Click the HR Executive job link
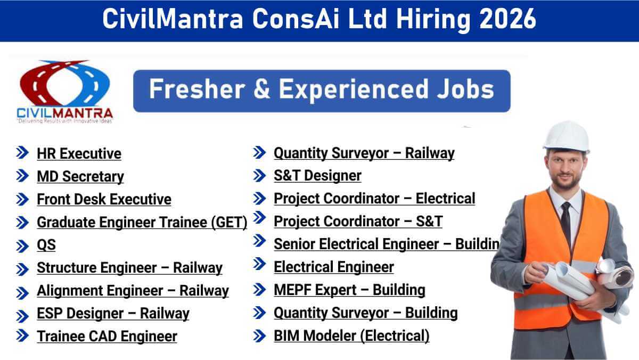(79, 153)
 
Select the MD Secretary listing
(80, 177)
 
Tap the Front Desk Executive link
(104, 199)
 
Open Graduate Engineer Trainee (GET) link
(142, 223)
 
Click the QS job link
(46, 245)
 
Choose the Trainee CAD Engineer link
(107, 337)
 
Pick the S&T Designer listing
(317, 175)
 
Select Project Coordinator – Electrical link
(374, 199)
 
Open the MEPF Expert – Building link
(349, 290)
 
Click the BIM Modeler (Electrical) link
(351, 336)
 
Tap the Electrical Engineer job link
(334, 267)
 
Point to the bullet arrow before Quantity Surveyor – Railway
(259, 153)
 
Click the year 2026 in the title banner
(507, 19)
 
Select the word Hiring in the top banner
(433, 20)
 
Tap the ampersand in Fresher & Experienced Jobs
(261, 89)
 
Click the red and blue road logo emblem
(65, 83)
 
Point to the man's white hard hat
(567, 136)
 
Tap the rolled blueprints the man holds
(588, 282)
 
